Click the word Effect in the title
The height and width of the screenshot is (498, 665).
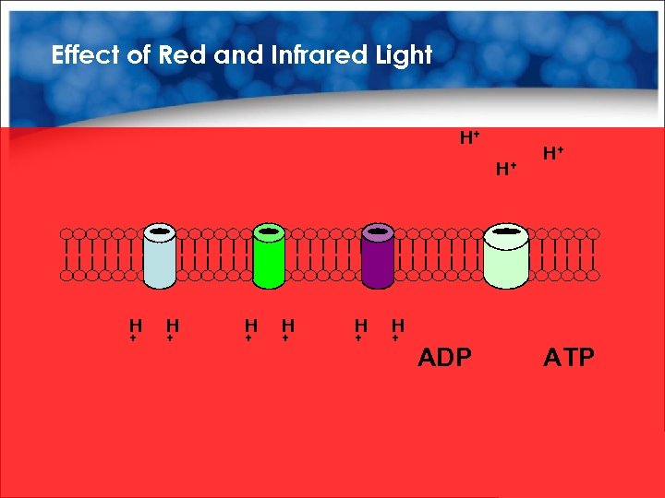86,55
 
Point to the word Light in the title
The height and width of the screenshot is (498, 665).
404,55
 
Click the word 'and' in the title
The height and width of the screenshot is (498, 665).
238,55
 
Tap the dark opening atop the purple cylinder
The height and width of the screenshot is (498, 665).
378,230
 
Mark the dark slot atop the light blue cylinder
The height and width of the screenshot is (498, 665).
160,230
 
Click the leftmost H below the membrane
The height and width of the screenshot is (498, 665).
135,326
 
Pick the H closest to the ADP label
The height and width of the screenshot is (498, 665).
398,326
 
